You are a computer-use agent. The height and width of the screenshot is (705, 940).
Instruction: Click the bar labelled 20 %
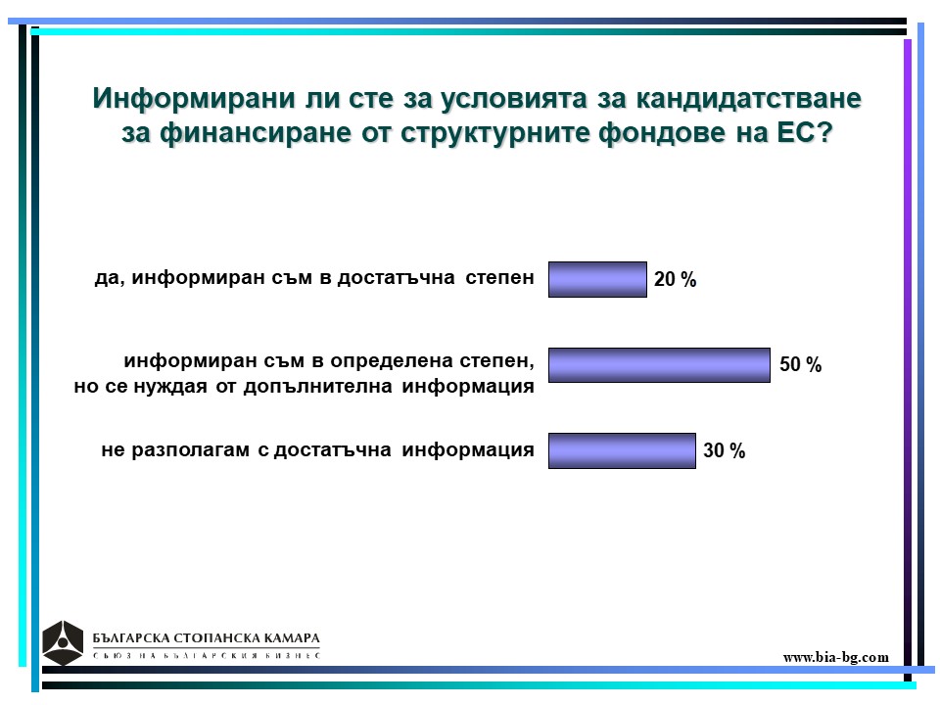(x=597, y=279)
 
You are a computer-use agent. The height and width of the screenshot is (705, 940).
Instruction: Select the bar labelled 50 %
(x=659, y=365)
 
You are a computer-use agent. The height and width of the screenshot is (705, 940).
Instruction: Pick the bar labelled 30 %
(x=623, y=450)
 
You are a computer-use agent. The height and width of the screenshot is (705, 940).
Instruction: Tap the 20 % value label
(x=675, y=279)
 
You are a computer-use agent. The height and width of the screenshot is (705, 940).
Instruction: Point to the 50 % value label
(x=800, y=364)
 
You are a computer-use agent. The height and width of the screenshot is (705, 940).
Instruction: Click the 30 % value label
(x=725, y=450)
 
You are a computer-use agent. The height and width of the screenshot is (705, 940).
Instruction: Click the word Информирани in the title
(x=194, y=98)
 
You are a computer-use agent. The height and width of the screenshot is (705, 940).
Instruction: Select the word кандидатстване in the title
(x=749, y=98)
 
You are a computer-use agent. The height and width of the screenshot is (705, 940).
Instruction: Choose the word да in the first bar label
(x=109, y=279)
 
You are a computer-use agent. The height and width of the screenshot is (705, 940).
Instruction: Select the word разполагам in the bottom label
(x=191, y=450)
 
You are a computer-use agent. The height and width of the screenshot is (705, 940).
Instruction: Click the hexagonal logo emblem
(x=63, y=642)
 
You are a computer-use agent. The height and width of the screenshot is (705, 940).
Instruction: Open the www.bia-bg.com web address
(x=835, y=657)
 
